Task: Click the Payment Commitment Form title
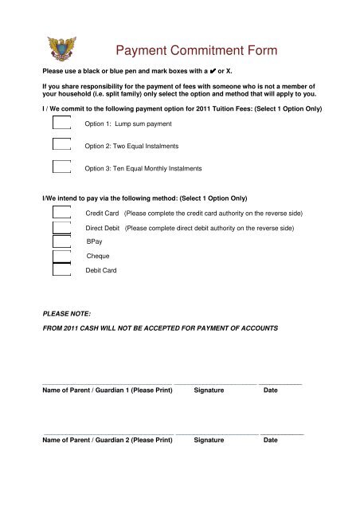[x=197, y=52]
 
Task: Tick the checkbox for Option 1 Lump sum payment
[x=61, y=124]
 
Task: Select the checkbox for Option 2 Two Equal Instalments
[x=61, y=145]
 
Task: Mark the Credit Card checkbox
[x=61, y=212]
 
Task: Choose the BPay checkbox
[x=61, y=241]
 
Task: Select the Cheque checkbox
[x=61, y=255]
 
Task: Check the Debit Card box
[x=61, y=269]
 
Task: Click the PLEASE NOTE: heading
[x=66, y=314]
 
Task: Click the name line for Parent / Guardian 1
[x=107, y=384]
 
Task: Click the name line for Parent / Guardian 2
[x=107, y=433]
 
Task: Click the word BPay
[x=95, y=241]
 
